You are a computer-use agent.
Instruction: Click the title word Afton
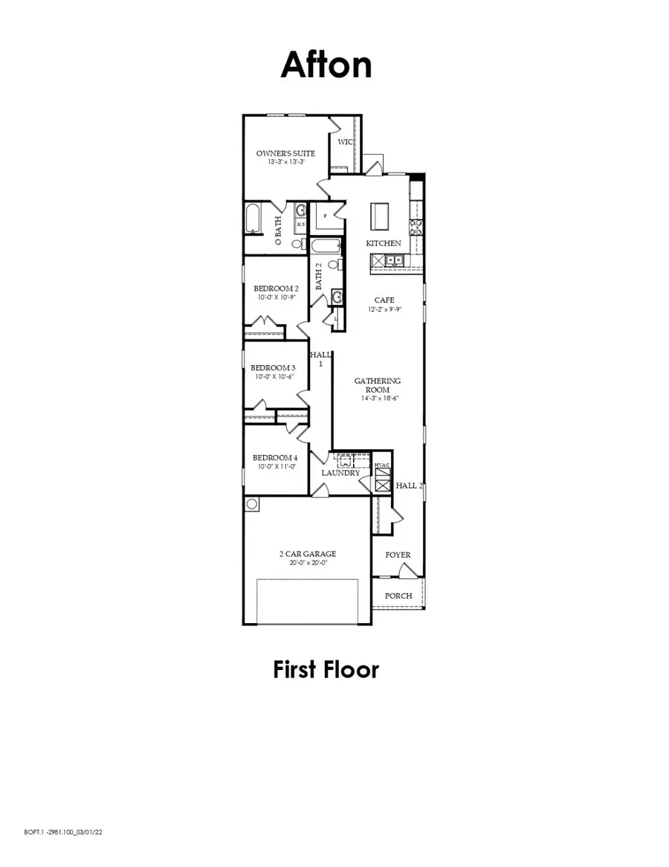point(326,65)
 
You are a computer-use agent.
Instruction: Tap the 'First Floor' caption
point(326,669)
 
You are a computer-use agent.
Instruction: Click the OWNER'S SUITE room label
point(285,153)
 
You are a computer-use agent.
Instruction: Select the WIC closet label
point(344,142)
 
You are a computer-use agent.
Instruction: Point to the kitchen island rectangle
point(381,216)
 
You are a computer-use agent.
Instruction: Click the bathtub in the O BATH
point(251,220)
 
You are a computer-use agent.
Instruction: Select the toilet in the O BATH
point(297,242)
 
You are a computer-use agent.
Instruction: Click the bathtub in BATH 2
point(326,246)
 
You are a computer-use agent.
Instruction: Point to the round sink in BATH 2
point(337,297)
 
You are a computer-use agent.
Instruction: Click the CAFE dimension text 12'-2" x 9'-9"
point(384,309)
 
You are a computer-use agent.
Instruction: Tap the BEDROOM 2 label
point(276,289)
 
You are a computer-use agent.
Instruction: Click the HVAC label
point(382,465)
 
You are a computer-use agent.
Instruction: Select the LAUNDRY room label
point(340,473)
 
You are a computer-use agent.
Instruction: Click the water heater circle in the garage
point(252,504)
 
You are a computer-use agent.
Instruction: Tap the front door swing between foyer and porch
point(407,571)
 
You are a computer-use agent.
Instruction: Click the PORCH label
point(398,596)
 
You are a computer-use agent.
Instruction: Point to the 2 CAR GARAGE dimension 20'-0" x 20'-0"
point(308,563)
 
